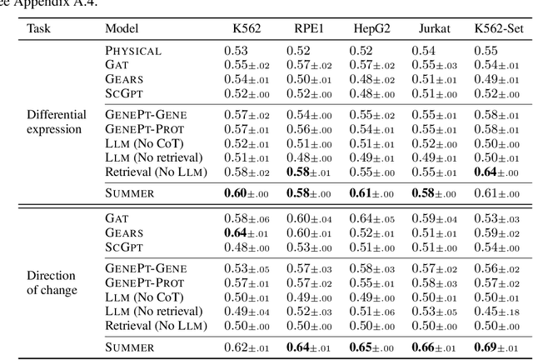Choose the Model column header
pyautogui.click(x=122, y=27)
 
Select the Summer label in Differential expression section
pyautogui.click(x=131, y=192)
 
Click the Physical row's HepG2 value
pyautogui.click(x=362, y=50)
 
